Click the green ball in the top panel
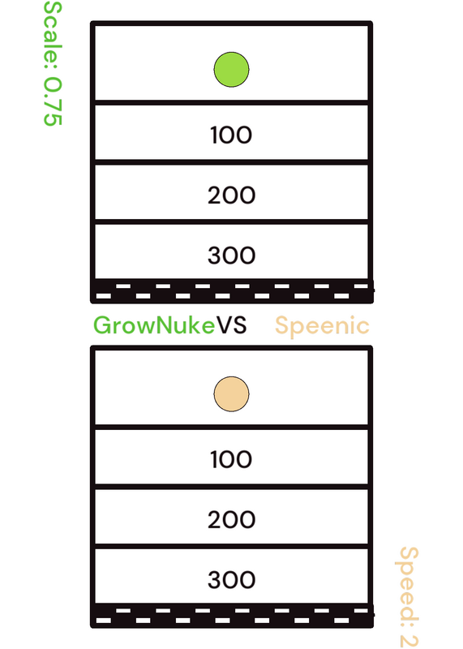231,70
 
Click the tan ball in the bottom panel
231,394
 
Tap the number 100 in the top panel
231,135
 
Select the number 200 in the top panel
231,195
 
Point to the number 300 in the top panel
231,255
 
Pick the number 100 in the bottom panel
231,459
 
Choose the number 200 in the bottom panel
231,519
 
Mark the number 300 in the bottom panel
231,579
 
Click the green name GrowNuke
154,325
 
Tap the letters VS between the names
232,325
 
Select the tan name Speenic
322,326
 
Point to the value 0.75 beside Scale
53,101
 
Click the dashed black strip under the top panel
232,291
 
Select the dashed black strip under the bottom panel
232,616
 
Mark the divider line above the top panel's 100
231,102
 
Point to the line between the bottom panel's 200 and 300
231,546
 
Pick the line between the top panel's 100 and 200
231,161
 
